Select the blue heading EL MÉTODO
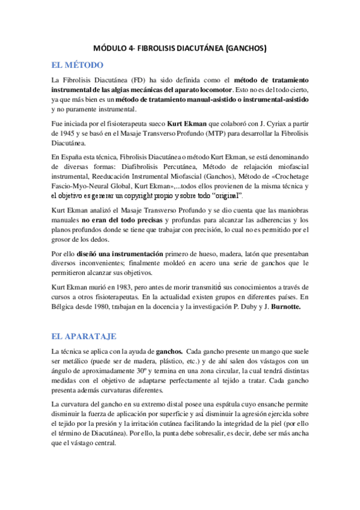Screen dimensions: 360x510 (78, 64)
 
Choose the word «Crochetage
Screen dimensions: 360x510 (286, 177)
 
